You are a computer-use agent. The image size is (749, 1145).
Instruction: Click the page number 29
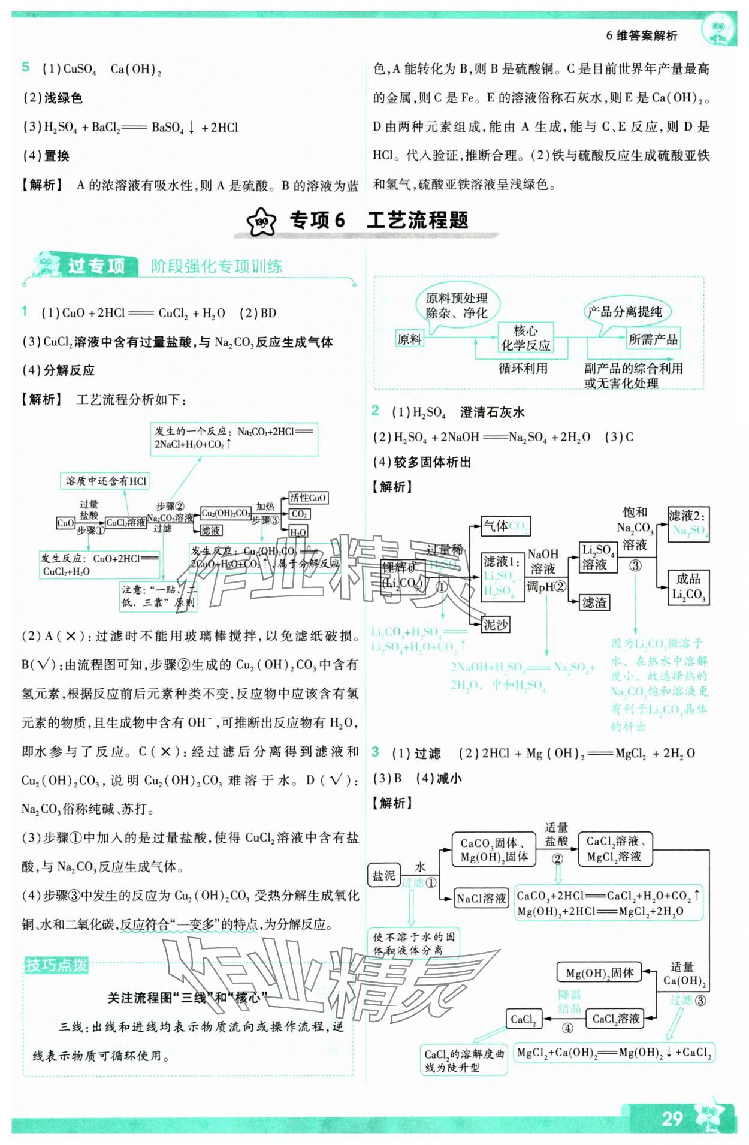coord(672,1118)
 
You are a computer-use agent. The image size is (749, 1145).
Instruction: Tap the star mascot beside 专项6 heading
coord(262,222)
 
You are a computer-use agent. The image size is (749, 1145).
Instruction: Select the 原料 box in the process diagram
coord(409,339)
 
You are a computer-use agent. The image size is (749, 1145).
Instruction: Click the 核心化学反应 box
coord(525,338)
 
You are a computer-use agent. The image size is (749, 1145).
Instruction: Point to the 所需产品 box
coord(653,339)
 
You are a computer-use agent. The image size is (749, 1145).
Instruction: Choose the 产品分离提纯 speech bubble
coord(624,312)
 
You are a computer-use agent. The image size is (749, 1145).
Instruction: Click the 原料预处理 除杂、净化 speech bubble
coord(457,305)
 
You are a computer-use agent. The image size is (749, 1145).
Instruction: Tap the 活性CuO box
coord(308,498)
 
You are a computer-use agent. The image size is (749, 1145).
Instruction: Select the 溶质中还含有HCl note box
coord(105,481)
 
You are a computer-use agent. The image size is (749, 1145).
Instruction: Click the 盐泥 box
coord(383,876)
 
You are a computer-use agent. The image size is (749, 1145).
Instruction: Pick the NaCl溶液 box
coord(481,898)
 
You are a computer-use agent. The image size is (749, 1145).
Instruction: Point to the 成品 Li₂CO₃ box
coord(688,587)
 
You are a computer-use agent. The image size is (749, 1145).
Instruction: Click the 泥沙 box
coord(496,625)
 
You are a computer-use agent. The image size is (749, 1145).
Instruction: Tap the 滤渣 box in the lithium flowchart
coord(594,602)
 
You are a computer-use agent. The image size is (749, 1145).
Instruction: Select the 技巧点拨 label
coord(56,965)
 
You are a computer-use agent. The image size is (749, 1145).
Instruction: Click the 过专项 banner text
coord(96,266)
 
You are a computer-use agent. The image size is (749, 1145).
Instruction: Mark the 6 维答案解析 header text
coord(641,36)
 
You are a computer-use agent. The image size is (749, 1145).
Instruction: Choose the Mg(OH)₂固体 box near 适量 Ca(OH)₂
coord(599,972)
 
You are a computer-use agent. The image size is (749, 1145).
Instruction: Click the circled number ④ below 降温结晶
coord(567,1028)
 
